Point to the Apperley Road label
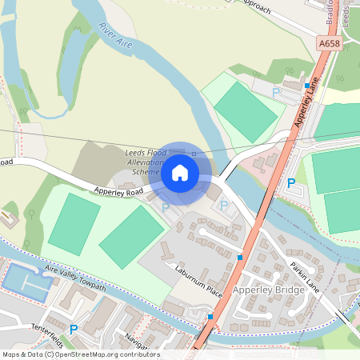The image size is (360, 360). [x=118, y=192]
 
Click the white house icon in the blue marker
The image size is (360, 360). [x=180, y=172]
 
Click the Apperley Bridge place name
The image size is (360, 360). [x=270, y=290]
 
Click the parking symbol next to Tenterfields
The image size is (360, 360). [x=74, y=329]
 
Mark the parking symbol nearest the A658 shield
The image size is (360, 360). [x=277, y=94]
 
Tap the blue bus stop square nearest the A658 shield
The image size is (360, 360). [x=306, y=85]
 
